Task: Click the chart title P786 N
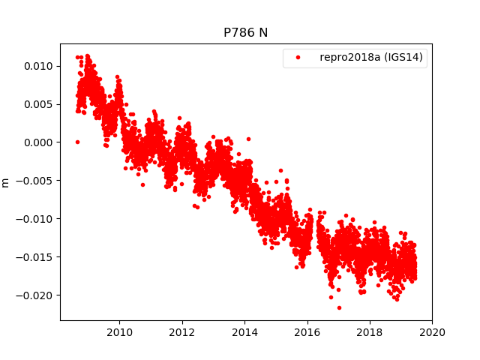(245, 33)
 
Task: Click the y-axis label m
(6, 182)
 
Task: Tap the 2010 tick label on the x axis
(120, 332)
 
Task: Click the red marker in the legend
(298, 58)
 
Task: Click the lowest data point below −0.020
(339, 307)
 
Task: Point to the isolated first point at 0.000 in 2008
(77, 142)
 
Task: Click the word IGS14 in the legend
(406, 58)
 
